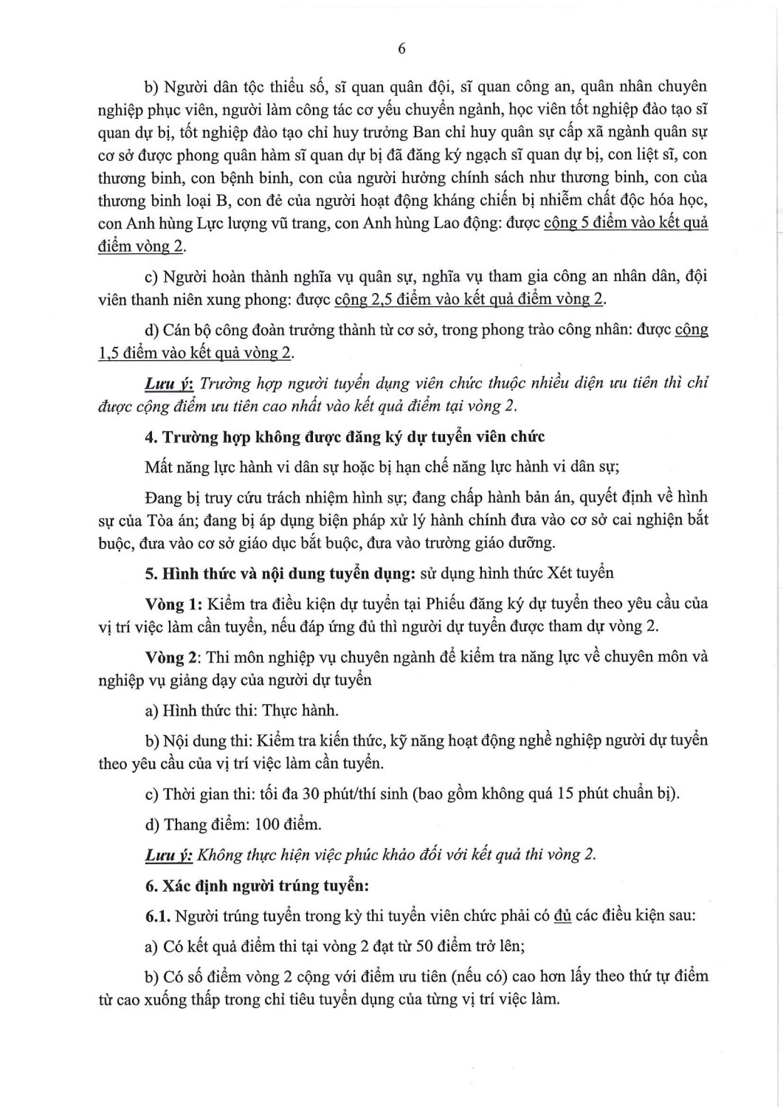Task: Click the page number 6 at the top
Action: point(401,49)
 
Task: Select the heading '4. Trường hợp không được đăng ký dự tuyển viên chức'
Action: point(345,436)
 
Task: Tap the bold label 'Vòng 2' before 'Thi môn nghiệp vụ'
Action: point(172,656)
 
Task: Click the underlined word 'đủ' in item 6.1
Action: point(563,916)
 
